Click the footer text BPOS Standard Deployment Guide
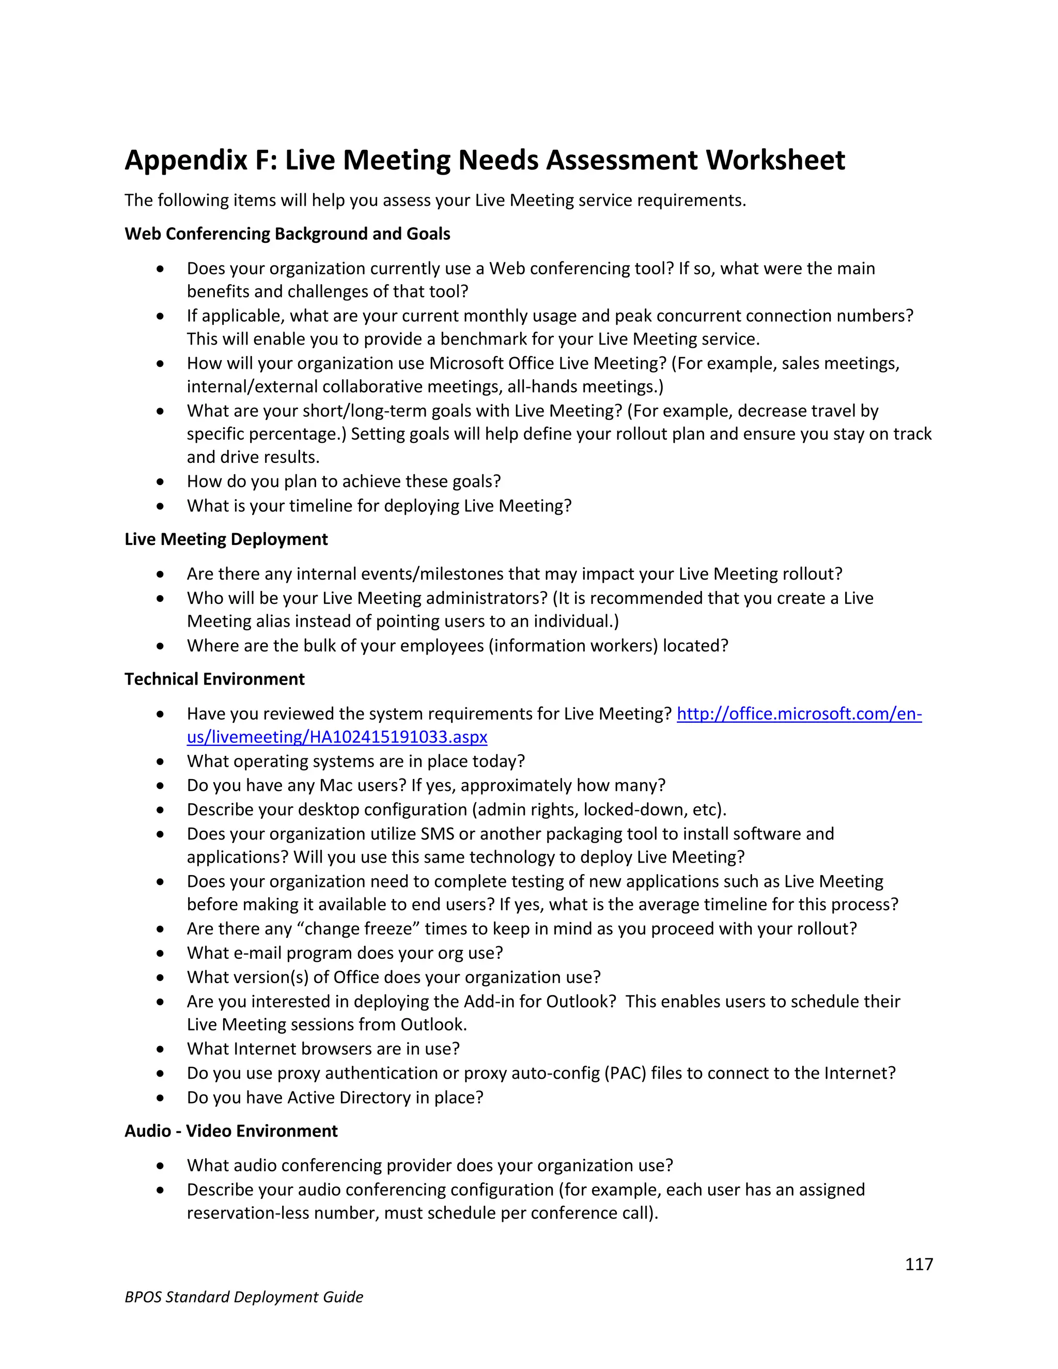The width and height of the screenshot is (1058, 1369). point(244,1297)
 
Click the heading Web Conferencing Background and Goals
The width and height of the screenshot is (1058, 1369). point(287,234)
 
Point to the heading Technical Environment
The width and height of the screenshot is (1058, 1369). point(214,679)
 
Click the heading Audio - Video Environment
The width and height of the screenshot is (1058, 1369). point(230,1131)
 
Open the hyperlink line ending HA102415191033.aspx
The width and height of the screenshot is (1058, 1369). point(337,737)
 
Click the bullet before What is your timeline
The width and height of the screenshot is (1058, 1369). point(161,506)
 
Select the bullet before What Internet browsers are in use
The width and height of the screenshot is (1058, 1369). point(161,1049)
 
